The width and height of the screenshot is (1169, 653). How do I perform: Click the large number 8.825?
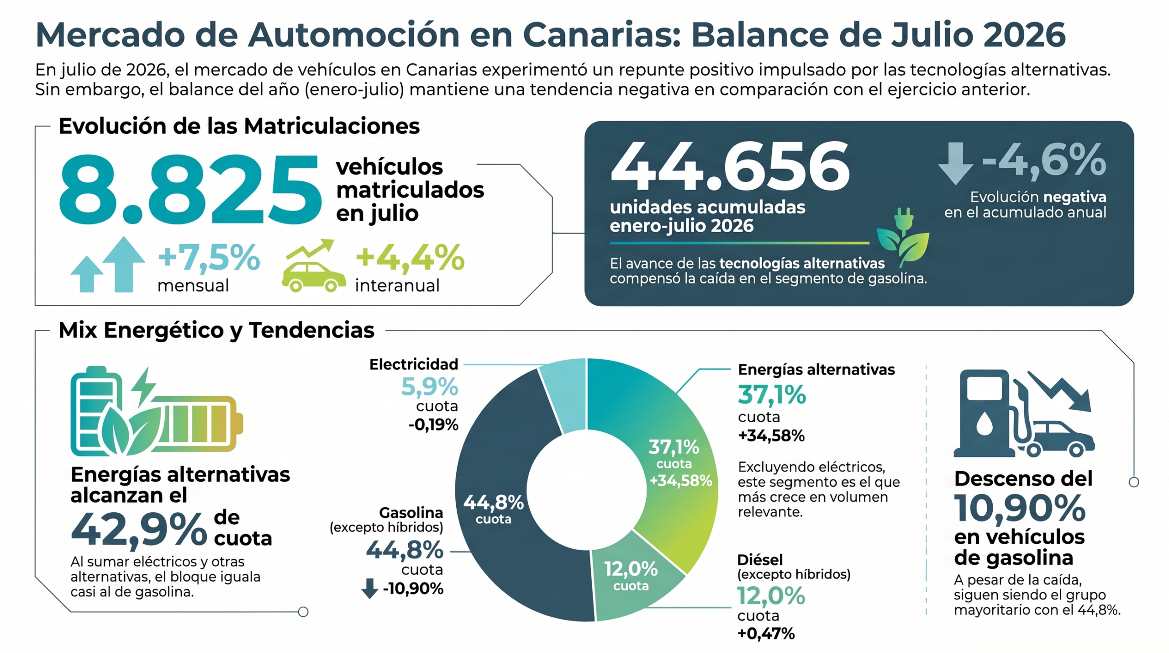point(190,189)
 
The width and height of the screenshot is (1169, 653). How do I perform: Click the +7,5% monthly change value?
point(209,257)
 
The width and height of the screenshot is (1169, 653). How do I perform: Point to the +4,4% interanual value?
point(410,257)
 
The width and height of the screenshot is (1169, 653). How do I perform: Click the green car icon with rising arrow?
point(313,265)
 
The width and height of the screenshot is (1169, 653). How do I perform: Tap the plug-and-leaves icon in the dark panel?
point(903,238)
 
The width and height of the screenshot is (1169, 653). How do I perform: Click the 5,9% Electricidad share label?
point(429,387)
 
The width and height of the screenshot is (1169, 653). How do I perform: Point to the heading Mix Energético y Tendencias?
point(216,330)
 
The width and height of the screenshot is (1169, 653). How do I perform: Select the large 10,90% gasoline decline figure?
point(1019,508)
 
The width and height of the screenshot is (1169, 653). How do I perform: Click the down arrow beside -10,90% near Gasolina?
point(369,588)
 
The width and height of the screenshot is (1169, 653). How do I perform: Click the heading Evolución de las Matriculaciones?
point(239,126)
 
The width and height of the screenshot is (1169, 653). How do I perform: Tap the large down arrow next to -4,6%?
point(955,163)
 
